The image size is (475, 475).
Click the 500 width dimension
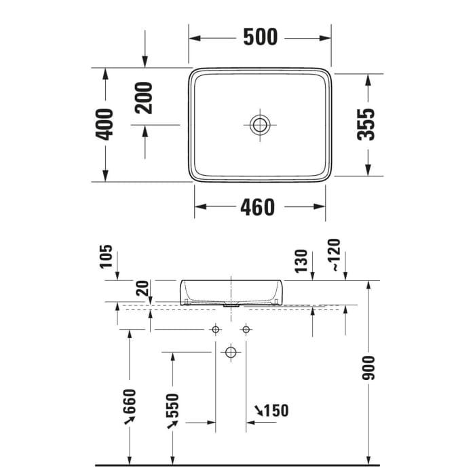(260, 37)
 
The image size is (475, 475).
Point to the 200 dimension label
(144, 97)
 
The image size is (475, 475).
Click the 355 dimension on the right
(366, 124)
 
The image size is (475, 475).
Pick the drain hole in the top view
(259, 124)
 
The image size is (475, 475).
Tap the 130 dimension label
(303, 260)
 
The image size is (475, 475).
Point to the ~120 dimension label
(334, 255)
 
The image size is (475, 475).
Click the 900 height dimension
(368, 368)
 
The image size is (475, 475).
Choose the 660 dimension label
(130, 405)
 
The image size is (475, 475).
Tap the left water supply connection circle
(216, 330)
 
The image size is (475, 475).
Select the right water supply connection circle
(246, 330)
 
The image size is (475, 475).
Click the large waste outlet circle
(231, 352)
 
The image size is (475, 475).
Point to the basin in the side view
(231, 290)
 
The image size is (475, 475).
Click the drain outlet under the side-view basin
(231, 305)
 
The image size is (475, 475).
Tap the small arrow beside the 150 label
(260, 409)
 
